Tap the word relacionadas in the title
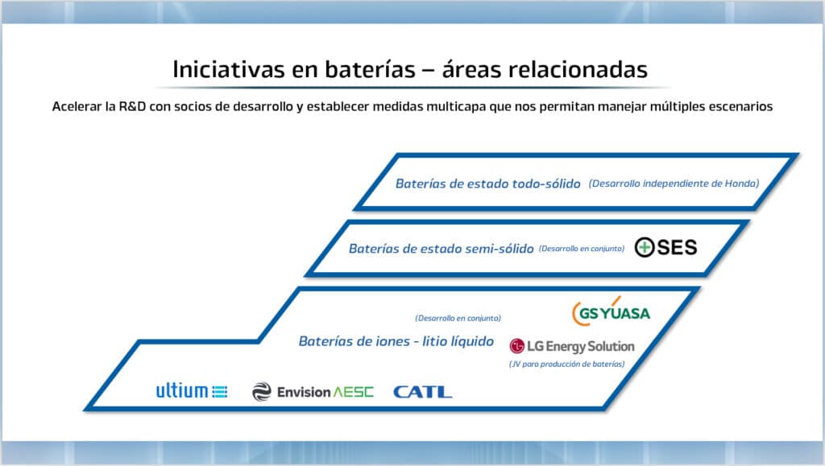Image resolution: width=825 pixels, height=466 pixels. coord(578,68)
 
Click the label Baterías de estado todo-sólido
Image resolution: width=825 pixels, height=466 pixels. coord(487,184)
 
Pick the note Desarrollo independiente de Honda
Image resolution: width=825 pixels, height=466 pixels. coord(674,184)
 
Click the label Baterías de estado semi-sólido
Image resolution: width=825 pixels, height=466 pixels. coord(441,249)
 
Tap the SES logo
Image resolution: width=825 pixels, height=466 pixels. coord(665,247)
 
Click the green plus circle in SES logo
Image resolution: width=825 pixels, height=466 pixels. coord(645,248)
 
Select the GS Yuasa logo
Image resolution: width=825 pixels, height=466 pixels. coord(610,312)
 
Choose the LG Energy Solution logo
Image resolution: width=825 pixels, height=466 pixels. coord(572,346)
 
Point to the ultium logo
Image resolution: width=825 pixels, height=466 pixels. coord(192,391)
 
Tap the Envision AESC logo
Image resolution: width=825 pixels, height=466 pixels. coord(301,392)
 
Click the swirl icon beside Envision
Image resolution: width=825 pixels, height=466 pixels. coord(262,392)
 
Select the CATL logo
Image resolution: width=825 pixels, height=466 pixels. coord(422,392)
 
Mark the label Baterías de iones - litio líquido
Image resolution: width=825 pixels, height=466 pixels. coord(396,341)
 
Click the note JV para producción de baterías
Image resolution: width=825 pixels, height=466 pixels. coord(566,364)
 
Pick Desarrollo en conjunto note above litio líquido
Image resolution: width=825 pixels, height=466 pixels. coord(458,318)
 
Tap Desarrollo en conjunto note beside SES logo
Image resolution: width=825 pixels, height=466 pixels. coord(581,249)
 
